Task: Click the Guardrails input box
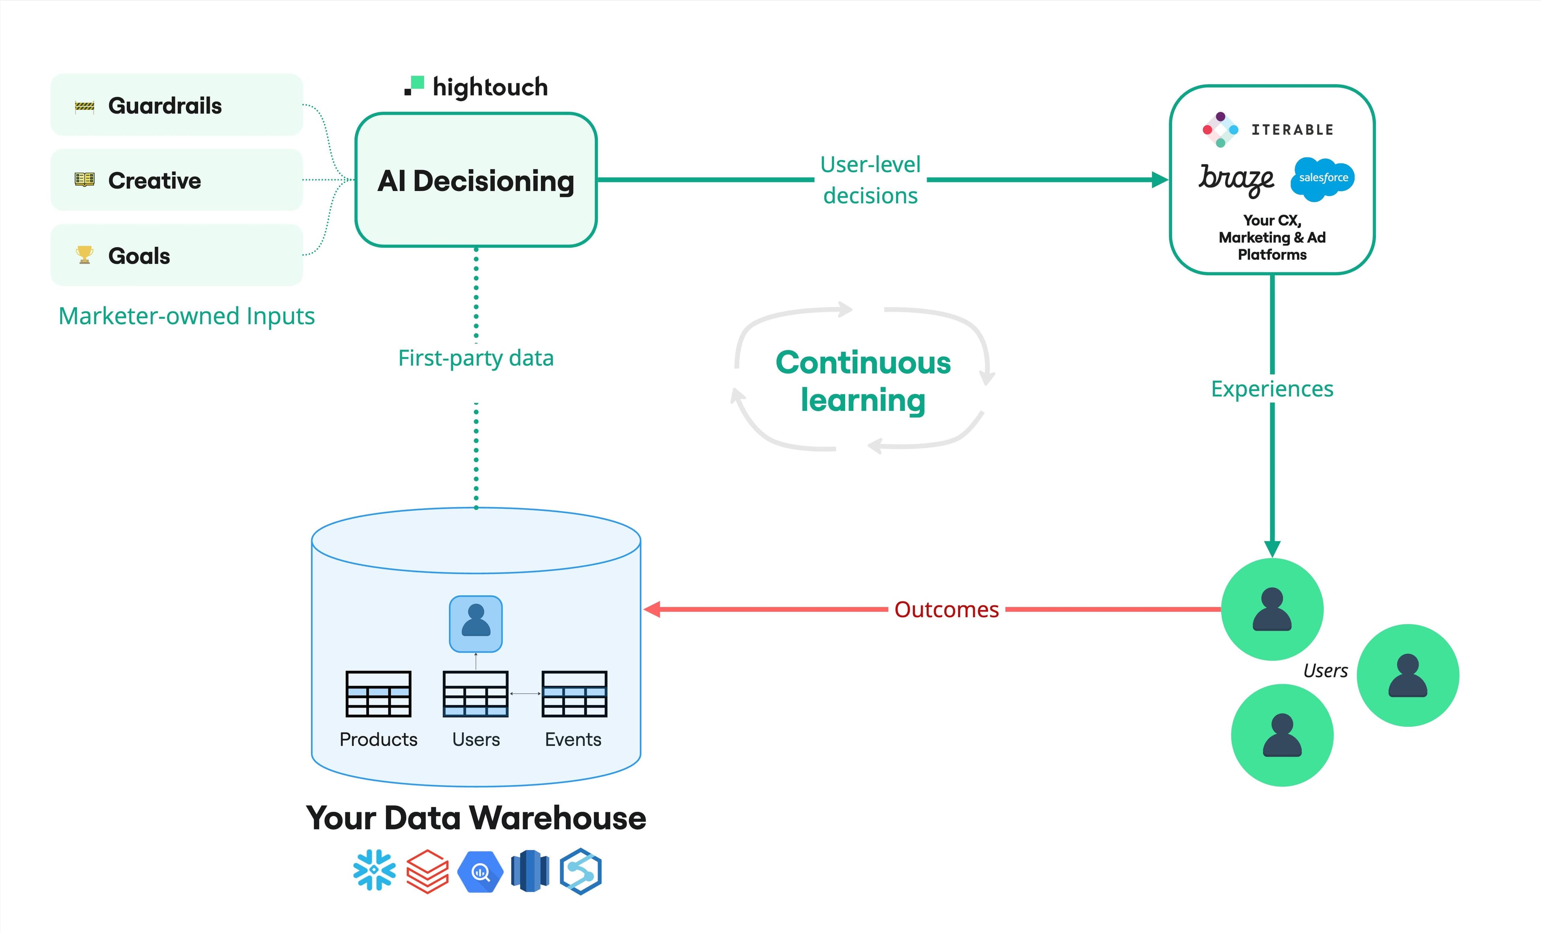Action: (x=176, y=105)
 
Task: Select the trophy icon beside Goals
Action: (x=84, y=255)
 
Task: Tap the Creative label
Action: (x=155, y=180)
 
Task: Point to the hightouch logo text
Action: (x=489, y=87)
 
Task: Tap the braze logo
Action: (x=1235, y=179)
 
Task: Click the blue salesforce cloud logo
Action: (x=1323, y=178)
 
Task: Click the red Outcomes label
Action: (x=946, y=609)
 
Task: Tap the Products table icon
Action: (x=378, y=693)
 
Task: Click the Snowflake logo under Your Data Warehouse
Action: (x=374, y=870)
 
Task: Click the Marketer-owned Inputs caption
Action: (x=186, y=316)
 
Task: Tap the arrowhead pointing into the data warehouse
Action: (x=652, y=609)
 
